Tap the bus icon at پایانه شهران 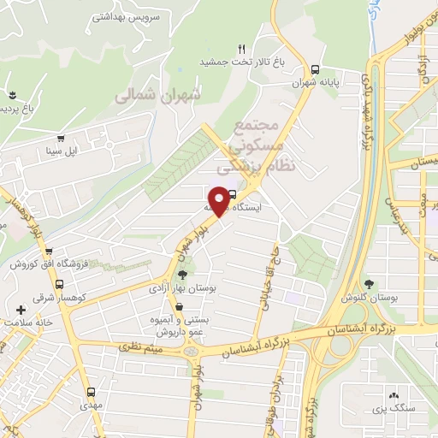click(x=316, y=70)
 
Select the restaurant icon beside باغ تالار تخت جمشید click(x=242, y=49)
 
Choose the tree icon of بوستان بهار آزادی click(x=182, y=275)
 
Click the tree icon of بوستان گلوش click(x=369, y=283)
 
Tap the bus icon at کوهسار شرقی click(x=59, y=285)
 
